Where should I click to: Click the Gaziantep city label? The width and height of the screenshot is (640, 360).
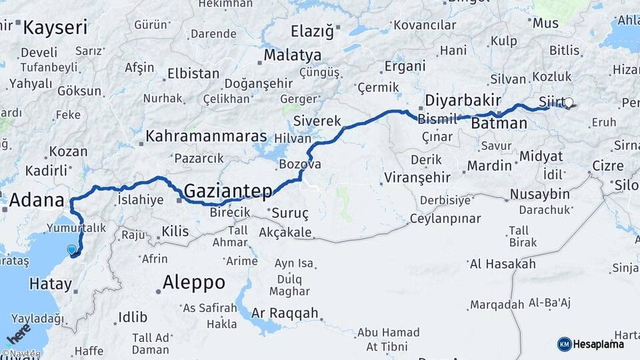click(x=227, y=191)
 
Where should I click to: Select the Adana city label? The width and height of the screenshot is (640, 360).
click(x=37, y=200)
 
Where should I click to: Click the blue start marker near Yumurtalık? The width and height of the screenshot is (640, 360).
click(x=72, y=250)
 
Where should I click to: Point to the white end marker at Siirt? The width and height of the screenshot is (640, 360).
click(x=569, y=103)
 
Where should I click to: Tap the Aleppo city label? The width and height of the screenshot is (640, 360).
click(x=194, y=282)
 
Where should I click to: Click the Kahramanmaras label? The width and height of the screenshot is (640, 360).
click(x=206, y=136)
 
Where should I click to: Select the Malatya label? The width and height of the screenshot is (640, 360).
click(x=292, y=55)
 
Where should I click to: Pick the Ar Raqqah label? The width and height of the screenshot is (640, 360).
click(x=285, y=313)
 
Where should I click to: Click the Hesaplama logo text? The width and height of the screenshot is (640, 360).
click(x=599, y=344)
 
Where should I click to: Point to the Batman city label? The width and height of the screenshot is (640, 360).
click(x=499, y=123)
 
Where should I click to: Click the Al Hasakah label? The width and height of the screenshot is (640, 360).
click(x=502, y=264)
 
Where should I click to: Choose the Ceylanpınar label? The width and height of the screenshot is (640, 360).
click(x=445, y=219)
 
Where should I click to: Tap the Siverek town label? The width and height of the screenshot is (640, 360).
click(x=317, y=121)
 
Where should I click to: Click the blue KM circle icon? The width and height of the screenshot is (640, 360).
click(x=564, y=344)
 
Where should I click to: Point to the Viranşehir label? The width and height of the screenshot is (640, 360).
click(x=417, y=178)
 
